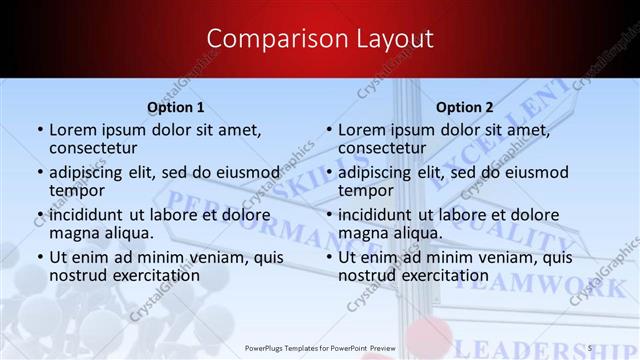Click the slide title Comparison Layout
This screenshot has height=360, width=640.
tap(320, 38)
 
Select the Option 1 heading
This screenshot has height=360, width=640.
tap(175, 107)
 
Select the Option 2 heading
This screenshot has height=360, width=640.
tap(464, 107)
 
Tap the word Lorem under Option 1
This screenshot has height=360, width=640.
tap(73, 129)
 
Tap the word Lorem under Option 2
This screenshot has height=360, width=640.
tap(362, 129)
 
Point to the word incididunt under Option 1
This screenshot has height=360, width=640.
tap(91, 215)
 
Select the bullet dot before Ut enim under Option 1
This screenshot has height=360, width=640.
tap(40, 258)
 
